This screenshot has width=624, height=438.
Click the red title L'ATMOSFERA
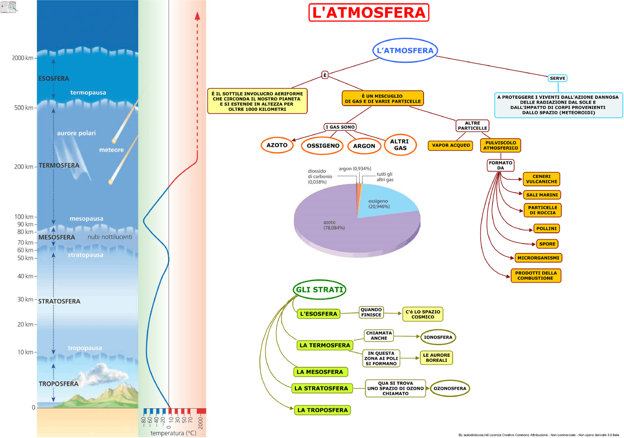(x=369, y=13)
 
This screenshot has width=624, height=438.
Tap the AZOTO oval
(x=277, y=145)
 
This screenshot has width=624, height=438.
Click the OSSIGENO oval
(x=323, y=146)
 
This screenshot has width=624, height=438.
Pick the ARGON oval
(x=364, y=146)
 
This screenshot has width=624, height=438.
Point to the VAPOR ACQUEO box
(x=451, y=145)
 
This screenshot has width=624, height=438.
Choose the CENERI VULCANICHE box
(x=541, y=179)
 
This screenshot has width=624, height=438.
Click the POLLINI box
(x=546, y=229)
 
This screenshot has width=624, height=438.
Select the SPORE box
(x=546, y=244)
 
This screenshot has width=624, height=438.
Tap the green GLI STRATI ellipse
(x=320, y=290)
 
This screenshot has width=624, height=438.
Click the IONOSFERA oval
(x=438, y=337)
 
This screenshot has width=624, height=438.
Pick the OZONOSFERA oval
(x=450, y=389)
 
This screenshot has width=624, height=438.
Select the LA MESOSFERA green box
(x=320, y=372)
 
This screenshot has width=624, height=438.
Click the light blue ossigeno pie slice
(x=390, y=205)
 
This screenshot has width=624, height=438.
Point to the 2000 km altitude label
(x=23, y=58)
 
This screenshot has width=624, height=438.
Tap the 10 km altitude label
(x=25, y=352)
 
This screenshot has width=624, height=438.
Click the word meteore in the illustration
(x=112, y=150)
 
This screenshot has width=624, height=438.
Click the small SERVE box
(x=557, y=78)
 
